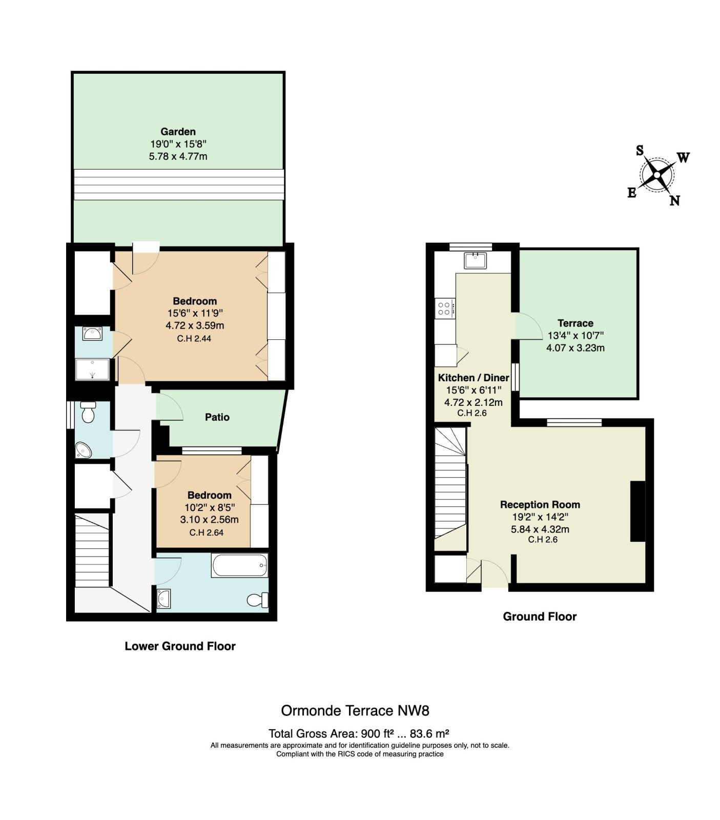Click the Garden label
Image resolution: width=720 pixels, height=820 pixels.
click(178, 132)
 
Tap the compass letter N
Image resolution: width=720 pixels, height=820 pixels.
click(674, 200)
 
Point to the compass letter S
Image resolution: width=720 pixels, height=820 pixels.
click(640, 150)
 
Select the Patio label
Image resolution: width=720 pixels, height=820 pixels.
click(217, 417)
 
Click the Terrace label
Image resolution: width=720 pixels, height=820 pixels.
click(575, 323)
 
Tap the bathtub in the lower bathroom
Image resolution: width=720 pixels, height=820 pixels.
click(239, 566)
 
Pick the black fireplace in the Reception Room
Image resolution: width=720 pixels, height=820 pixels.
click(637, 511)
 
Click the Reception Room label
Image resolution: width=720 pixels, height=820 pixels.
click(540, 505)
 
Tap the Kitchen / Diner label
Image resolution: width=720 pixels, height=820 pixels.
click(474, 378)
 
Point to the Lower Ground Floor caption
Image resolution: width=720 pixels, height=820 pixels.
click(180, 646)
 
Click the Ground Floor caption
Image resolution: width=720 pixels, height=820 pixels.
click(540, 617)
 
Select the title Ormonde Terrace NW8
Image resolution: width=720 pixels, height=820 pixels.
click(355, 711)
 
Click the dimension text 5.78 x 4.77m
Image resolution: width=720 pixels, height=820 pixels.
click(178, 156)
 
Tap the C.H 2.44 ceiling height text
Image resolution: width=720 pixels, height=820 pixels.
click(194, 338)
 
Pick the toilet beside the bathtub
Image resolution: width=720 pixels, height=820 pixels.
click(258, 599)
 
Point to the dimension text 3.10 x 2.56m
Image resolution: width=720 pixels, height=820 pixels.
click(209, 520)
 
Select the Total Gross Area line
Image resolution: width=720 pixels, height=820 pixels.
click(359, 733)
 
